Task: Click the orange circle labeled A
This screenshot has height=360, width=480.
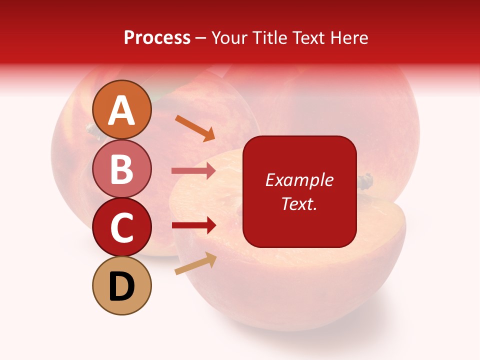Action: point(122,110)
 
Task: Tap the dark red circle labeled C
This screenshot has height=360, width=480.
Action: point(122,227)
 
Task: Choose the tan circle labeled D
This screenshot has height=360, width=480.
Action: point(122,286)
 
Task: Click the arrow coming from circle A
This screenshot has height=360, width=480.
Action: point(194,128)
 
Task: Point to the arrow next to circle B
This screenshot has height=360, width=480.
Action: point(193,170)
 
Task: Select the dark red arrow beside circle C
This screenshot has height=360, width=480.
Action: point(193,225)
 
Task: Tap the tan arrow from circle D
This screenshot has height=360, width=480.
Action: point(195,263)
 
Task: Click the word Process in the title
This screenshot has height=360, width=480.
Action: point(157,37)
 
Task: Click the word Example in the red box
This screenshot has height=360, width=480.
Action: point(299,180)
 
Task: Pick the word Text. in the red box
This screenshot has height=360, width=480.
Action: point(299,203)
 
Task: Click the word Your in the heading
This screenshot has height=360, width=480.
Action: point(230,37)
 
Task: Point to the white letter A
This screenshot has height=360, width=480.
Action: point(122,110)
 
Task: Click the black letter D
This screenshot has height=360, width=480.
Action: point(122,286)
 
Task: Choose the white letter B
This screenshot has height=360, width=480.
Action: point(122,169)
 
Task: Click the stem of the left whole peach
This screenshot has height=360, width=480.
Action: point(92,131)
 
